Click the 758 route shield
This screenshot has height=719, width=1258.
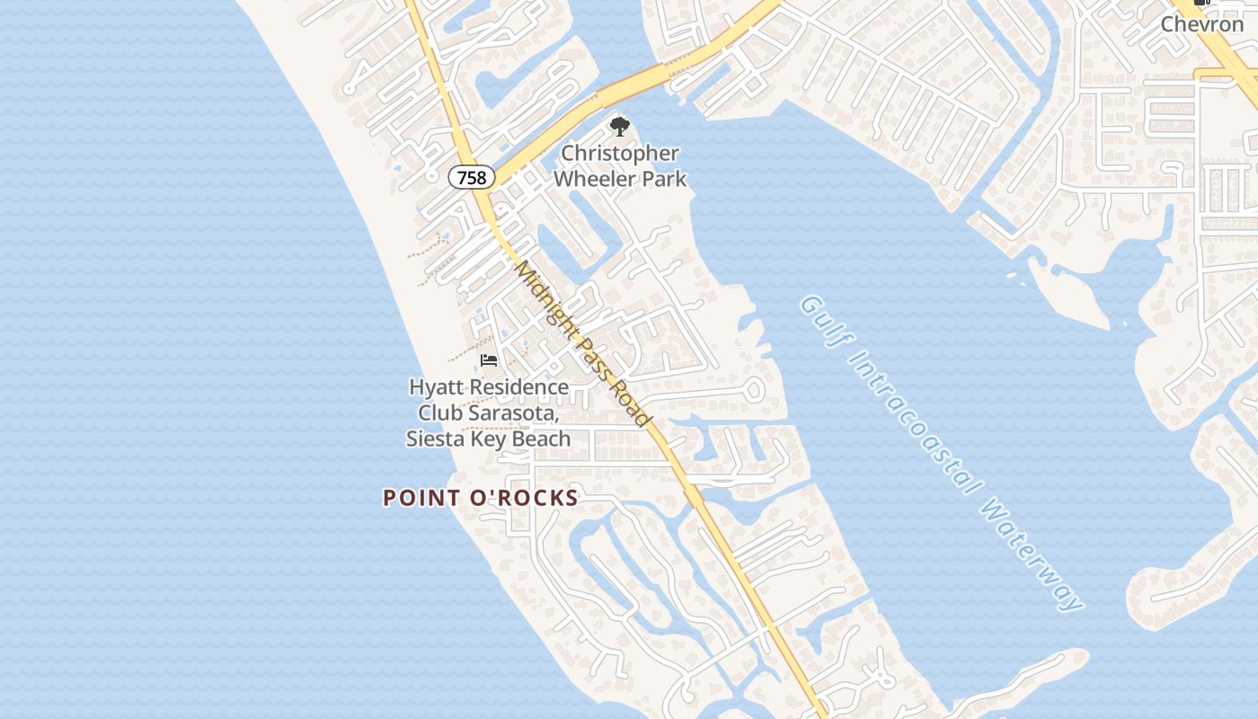click(472, 177)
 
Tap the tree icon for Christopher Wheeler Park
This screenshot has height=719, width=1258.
click(619, 127)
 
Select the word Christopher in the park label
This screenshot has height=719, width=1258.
click(620, 154)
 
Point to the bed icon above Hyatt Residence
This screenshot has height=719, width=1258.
click(489, 360)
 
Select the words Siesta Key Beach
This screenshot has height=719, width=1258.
click(488, 439)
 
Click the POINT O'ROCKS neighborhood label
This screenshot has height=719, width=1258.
click(481, 498)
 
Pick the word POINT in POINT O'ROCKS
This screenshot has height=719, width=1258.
click(419, 498)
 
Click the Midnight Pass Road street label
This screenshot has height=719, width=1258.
click(581, 343)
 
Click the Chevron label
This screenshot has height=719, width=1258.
click(1201, 24)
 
